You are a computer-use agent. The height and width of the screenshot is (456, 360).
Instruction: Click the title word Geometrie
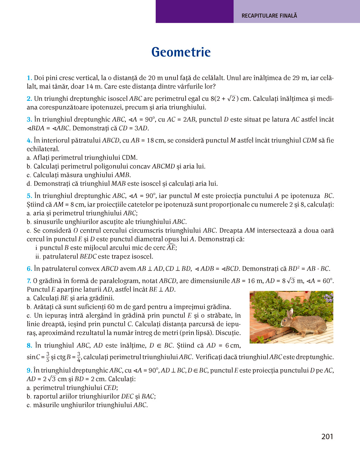click(x=181, y=52)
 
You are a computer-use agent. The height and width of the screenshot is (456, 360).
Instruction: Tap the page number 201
click(x=327, y=437)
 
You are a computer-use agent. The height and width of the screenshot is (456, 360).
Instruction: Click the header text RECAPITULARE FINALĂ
click(x=269, y=16)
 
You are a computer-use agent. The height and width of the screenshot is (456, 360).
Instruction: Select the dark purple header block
click(x=194, y=12)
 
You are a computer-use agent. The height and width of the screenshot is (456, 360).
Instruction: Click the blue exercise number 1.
click(x=29, y=78)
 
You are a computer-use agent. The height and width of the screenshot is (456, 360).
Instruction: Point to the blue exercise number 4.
click(x=29, y=141)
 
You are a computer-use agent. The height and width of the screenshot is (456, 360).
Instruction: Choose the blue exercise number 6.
click(x=29, y=269)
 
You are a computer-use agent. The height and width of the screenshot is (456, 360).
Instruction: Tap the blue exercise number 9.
click(x=29, y=370)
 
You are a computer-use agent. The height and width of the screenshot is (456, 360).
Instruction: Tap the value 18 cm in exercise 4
click(x=155, y=141)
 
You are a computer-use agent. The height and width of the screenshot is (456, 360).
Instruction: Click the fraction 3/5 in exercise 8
click(x=48, y=357)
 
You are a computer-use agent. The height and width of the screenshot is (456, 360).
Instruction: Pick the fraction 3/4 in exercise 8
click(x=79, y=357)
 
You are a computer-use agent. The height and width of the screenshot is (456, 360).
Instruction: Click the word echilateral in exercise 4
click(x=43, y=149)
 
